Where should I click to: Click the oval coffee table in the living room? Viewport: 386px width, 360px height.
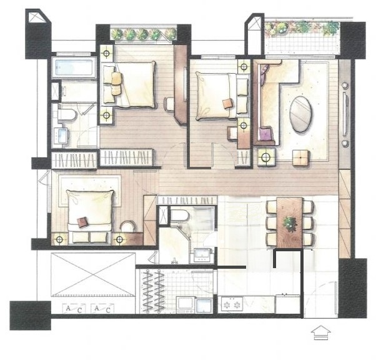tap(300, 114)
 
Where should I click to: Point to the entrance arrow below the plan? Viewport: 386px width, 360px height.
tap(320, 332)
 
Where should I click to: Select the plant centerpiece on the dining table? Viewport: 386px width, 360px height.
tap(290, 224)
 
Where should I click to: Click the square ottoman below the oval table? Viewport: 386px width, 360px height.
tap(300, 157)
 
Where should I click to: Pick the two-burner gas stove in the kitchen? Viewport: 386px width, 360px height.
tap(232, 305)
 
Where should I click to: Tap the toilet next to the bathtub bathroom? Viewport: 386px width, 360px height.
tap(66, 115)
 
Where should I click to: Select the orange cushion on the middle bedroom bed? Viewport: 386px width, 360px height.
tap(228, 103)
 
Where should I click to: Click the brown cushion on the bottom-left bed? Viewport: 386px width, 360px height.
tap(82, 222)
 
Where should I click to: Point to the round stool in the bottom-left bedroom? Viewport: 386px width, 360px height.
tap(127, 226)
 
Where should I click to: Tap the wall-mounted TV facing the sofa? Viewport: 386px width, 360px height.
tap(345, 114)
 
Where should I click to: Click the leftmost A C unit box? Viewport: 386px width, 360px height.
tap(74, 309)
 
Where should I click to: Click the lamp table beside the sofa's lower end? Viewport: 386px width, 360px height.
tap(266, 157)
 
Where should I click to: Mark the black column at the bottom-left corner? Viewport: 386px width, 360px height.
tap(30, 316)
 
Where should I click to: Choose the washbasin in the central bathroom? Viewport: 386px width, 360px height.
tap(202, 256)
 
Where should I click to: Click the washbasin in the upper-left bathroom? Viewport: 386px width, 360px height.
tap(61, 136)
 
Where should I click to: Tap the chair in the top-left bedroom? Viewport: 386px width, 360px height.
tap(169, 104)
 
